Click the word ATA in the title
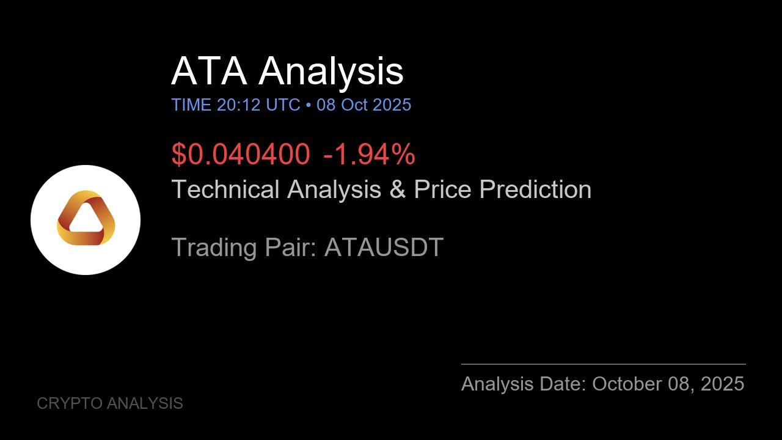tap(209, 71)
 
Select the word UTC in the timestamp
tap(283, 105)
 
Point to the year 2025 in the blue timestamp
tap(392, 105)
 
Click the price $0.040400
tap(241, 154)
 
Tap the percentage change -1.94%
tap(369, 154)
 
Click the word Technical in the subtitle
tap(226, 189)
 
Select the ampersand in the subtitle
tap(397, 189)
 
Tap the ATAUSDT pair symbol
tap(384, 248)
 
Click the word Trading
tap(214, 248)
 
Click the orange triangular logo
tap(86, 219)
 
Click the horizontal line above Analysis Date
tap(603, 364)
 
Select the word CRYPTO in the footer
tap(69, 403)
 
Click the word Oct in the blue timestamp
tap(354, 105)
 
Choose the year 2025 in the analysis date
tap(722, 384)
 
